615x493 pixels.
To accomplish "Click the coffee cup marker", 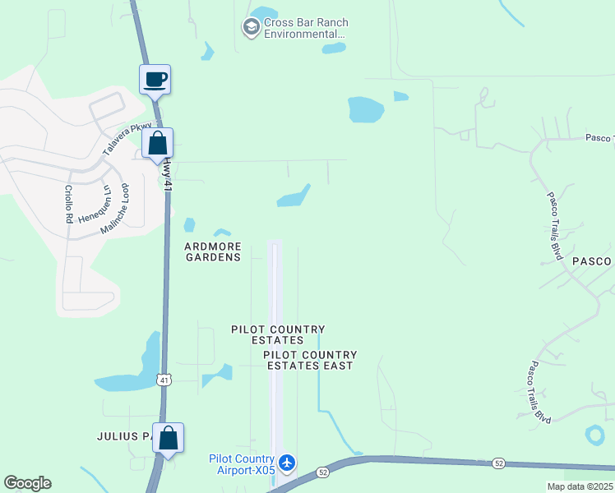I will pos(155,81).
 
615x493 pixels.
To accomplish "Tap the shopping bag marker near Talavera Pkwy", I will pos(156,143).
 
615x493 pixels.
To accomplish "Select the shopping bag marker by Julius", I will pos(168,439).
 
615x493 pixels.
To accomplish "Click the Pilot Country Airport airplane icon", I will pos(287,463).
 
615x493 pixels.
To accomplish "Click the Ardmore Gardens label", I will pos(212,251).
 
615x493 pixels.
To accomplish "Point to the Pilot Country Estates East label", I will pos(308,360).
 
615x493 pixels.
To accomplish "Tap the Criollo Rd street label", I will pos(69,205).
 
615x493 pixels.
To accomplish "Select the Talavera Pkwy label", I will pos(123,137).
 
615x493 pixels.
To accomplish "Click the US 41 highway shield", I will pos(164,380).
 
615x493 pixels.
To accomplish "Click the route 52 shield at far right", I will pos(498,463).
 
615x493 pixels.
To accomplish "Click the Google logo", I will pos(27,483).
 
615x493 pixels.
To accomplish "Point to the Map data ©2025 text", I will pos(580,486).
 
